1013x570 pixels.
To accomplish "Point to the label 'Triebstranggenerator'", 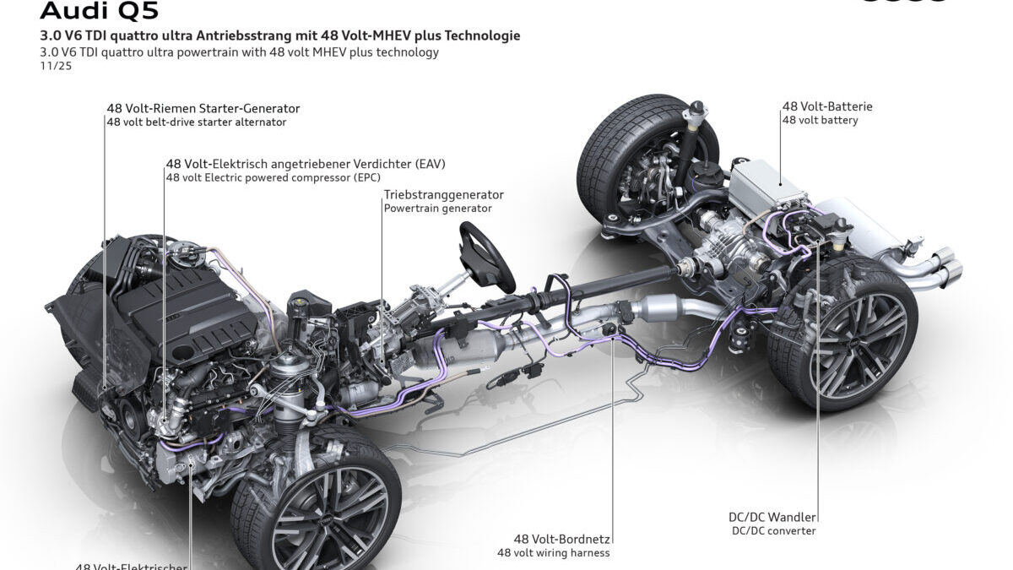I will [x=443, y=194].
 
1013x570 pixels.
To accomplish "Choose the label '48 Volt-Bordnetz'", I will [x=561, y=539].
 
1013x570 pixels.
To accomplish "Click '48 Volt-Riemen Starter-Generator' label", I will [x=203, y=108].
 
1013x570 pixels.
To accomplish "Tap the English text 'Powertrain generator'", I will [x=437, y=208].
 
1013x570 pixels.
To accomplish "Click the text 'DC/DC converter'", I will [x=774, y=531].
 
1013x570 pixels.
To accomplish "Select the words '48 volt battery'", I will [x=820, y=121].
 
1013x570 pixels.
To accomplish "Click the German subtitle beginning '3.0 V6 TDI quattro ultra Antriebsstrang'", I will [x=279, y=35].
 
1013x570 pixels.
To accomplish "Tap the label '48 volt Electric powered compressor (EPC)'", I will [x=274, y=177].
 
